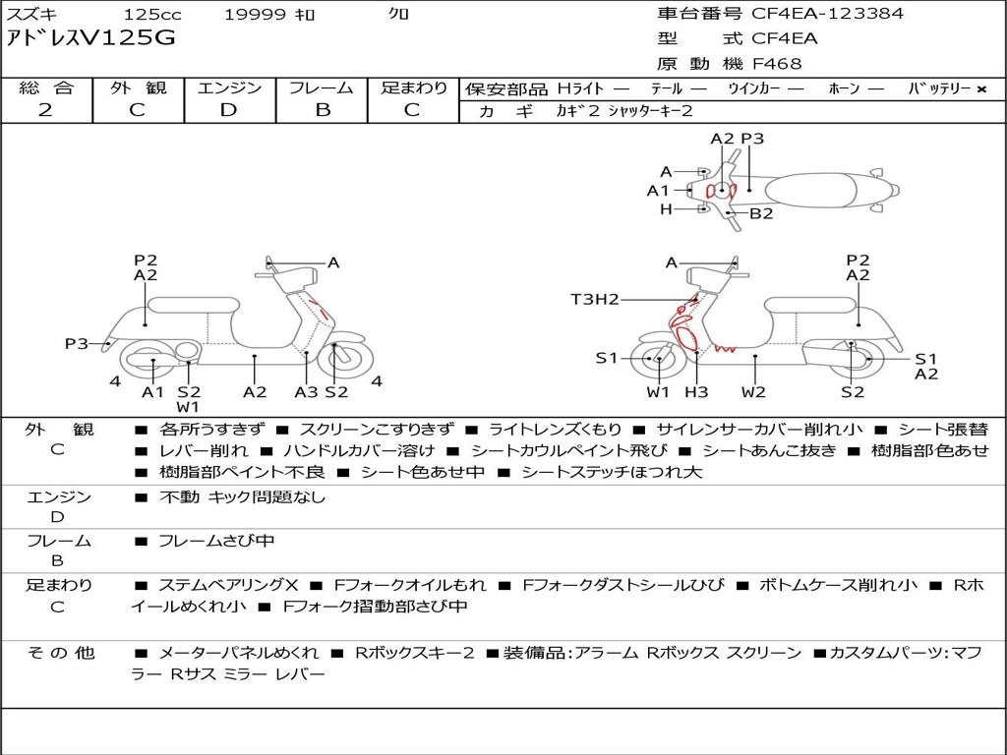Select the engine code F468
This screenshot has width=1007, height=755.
[x=777, y=64]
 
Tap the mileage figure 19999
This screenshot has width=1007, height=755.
[x=255, y=14]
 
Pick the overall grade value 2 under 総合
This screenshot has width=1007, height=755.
[x=45, y=110]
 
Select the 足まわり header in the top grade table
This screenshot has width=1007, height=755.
[x=413, y=87]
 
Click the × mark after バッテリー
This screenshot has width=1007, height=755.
[x=980, y=88]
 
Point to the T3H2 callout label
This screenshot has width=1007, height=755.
[x=595, y=299]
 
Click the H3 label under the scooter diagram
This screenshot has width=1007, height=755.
[x=696, y=392]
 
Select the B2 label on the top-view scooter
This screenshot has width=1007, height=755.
[x=761, y=212]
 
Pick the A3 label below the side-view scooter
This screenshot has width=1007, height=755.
[x=306, y=392]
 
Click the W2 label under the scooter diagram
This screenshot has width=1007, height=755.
[x=753, y=392]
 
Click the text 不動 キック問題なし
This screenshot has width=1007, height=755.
[x=242, y=497]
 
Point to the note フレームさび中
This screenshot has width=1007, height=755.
[x=216, y=541]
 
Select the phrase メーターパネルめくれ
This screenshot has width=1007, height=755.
[x=238, y=653]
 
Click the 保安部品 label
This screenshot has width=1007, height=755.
[x=505, y=88]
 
